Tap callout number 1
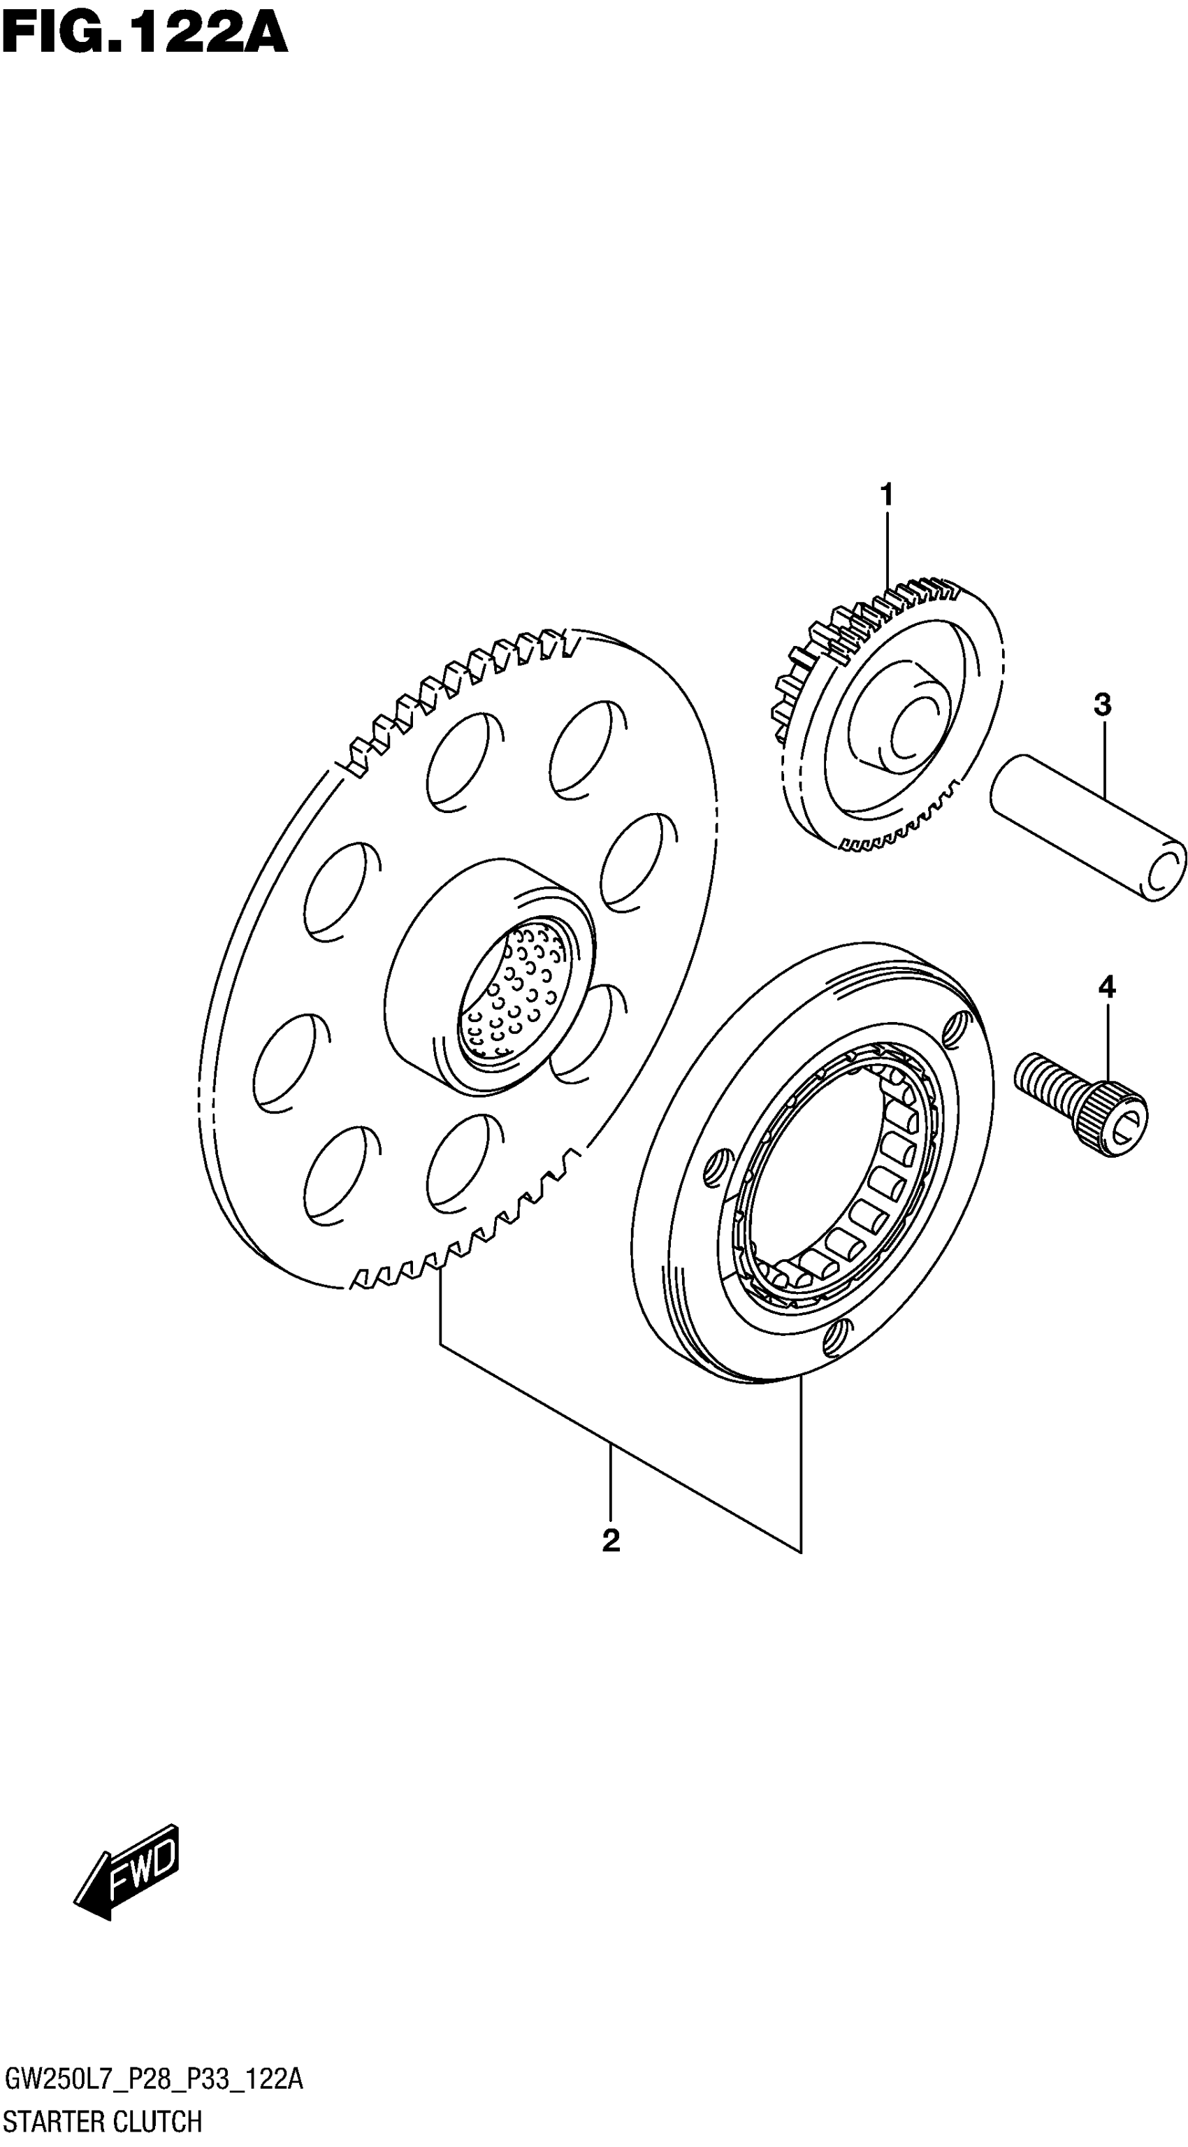pyautogui.click(x=886, y=494)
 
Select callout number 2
pyautogui.click(x=611, y=1540)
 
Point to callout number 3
pyautogui.click(x=1102, y=705)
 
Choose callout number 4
pyautogui.click(x=1106, y=987)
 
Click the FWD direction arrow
pyautogui.click(x=129, y=1860)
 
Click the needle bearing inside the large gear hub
pyautogui.click(x=512, y=992)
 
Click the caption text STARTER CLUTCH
pyautogui.click(x=103, y=2121)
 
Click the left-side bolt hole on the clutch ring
pyautogui.click(x=717, y=1166)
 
